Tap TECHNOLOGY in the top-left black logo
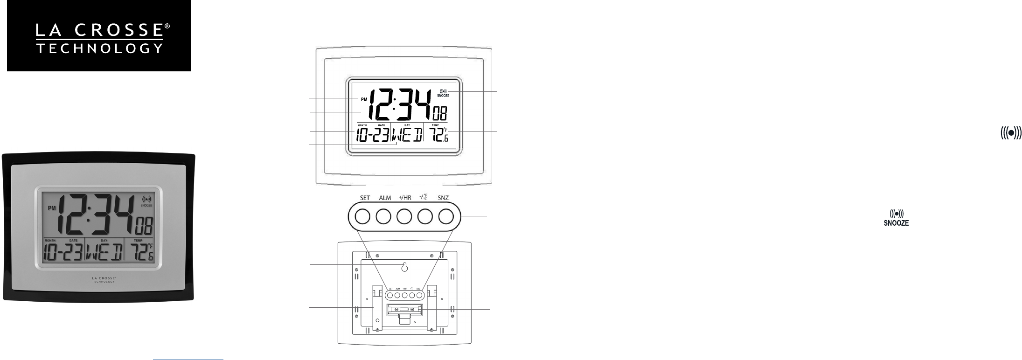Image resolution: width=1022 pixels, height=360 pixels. (x=99, y=48)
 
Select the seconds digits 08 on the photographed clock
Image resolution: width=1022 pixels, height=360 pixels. (x=147, y=228)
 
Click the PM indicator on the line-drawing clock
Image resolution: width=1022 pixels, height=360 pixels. (x=363, y=99)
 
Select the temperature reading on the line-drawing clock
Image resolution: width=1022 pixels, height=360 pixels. (x=439, y=135)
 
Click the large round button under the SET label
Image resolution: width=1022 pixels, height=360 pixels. (x=362, y=216)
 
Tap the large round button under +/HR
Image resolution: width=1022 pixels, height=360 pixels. (x=404, y=216)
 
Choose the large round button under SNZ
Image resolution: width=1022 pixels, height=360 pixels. (x=445, y=216)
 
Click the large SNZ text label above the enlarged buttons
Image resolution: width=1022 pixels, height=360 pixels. (x=443, y=198)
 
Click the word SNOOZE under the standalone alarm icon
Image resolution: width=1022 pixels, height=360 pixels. (x=896, y=223)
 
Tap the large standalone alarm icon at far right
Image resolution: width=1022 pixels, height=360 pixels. (x=1010, y=133)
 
